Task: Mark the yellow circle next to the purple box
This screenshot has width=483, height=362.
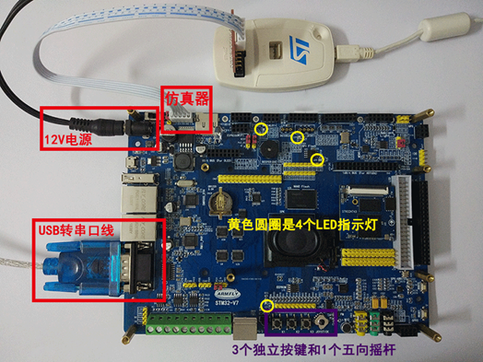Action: [x=268, y=305]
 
